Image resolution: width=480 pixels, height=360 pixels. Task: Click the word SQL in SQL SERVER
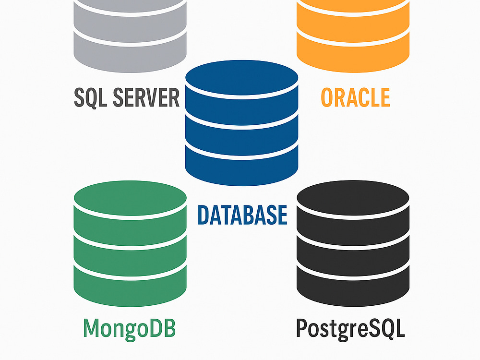coord(91,97)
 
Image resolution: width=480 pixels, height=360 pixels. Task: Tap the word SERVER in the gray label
coord(146,97)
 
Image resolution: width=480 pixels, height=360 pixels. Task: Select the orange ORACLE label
coord(355,97)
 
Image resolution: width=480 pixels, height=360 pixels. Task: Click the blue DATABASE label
coord(242,215)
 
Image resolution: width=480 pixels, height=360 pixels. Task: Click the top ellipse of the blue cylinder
coord(242,77)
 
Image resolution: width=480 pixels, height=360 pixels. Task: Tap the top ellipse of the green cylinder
coord(131,198)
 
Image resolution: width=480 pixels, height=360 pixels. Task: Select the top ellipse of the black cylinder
coord(353,198)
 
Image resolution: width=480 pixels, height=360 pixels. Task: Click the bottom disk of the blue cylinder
coord(242,168)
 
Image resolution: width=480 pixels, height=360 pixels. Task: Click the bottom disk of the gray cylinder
coord(131,55)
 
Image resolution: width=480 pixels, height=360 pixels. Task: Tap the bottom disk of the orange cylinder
coord(353,55)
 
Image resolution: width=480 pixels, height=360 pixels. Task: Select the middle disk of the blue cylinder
coord(242,138)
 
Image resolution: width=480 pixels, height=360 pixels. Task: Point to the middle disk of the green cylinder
coord(131,259)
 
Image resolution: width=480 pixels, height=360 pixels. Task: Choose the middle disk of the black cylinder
coord(353,259)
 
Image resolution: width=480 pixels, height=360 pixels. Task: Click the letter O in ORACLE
coord(326,97)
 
